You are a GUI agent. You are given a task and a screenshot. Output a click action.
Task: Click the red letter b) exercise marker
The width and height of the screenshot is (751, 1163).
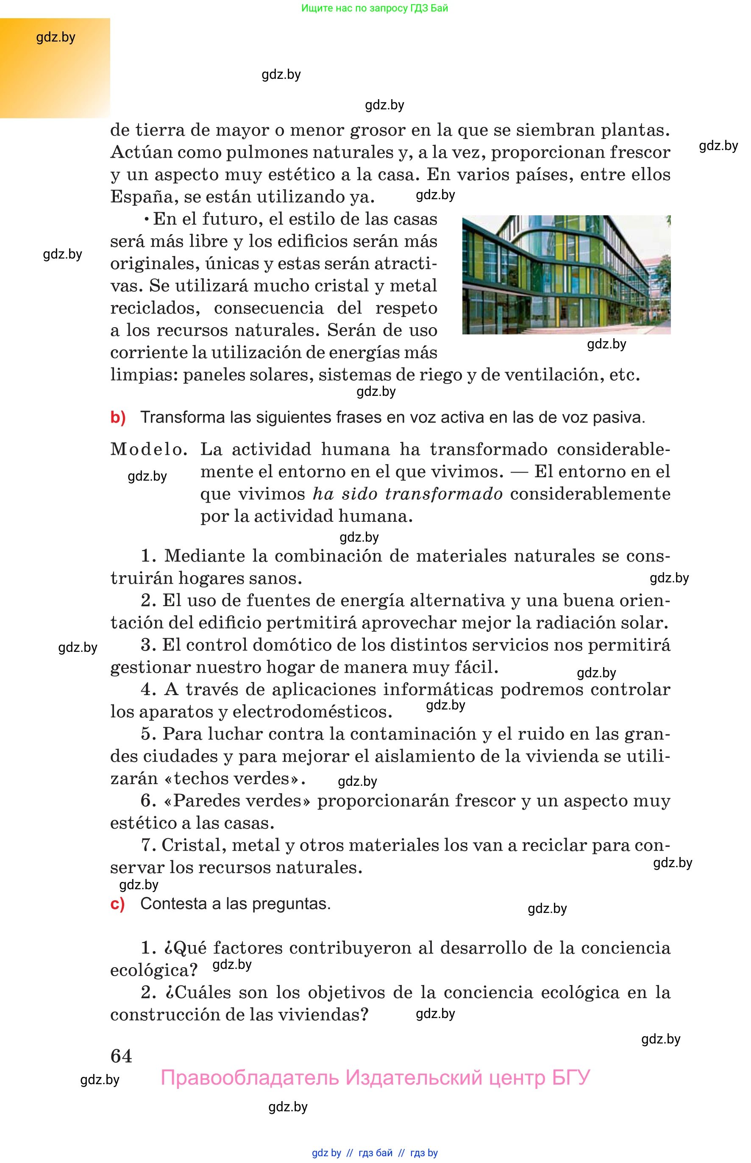[x=118, y=417]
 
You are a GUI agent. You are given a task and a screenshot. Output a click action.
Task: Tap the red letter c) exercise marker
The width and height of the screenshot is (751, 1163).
[x=117, y=904]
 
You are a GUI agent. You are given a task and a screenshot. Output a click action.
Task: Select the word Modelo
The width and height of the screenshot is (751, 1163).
[x=148, y=449]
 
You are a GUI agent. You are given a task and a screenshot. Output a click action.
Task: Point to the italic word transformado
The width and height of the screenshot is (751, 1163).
[x=444, y=493]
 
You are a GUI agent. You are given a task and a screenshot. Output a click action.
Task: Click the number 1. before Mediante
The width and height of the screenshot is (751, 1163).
[x=148, y=556]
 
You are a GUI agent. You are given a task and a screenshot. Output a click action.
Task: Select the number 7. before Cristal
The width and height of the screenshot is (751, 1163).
[x=148, y=845]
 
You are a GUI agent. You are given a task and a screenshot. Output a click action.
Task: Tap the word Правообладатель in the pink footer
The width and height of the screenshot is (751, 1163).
[x=249, y=1078]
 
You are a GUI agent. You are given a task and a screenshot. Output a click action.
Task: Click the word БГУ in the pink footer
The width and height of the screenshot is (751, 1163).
[x=570, y=1078]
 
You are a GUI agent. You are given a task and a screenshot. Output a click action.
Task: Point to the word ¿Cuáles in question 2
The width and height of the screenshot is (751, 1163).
[x=198, y=992]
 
